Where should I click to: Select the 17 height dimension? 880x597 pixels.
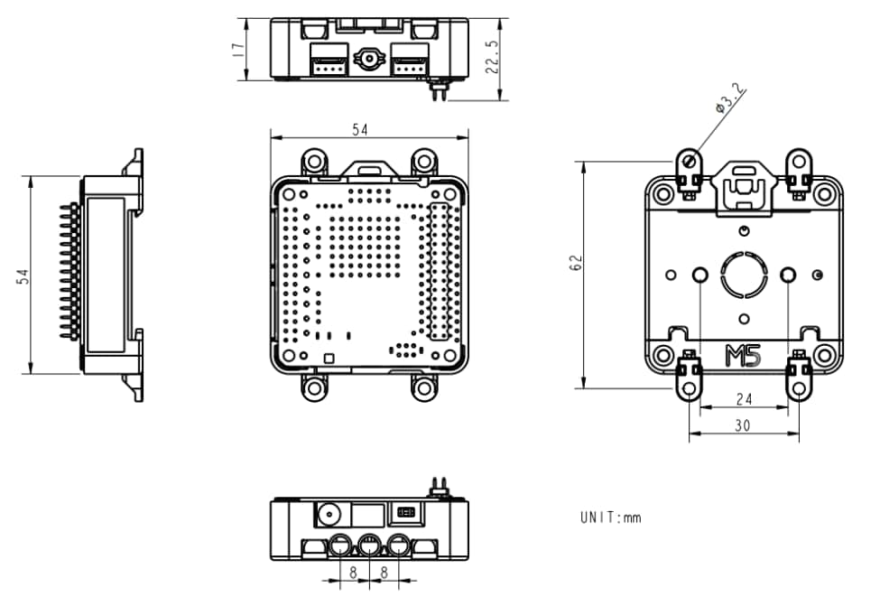238,49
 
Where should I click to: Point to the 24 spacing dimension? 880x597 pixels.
743,398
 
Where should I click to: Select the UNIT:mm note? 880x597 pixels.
610,518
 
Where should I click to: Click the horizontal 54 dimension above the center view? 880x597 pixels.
359,130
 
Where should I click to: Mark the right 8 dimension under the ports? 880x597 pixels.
384,572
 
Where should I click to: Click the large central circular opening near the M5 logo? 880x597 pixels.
744,274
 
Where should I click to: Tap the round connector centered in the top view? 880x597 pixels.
369,60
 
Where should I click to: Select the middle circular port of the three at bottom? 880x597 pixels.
369,546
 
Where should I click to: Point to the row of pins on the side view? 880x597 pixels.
68,271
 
